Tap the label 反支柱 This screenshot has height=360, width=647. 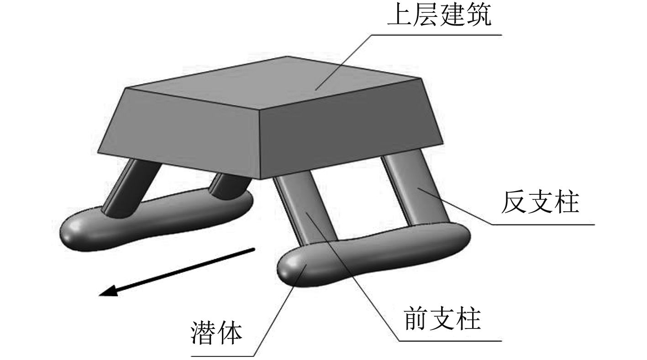(x=540, y=203)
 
